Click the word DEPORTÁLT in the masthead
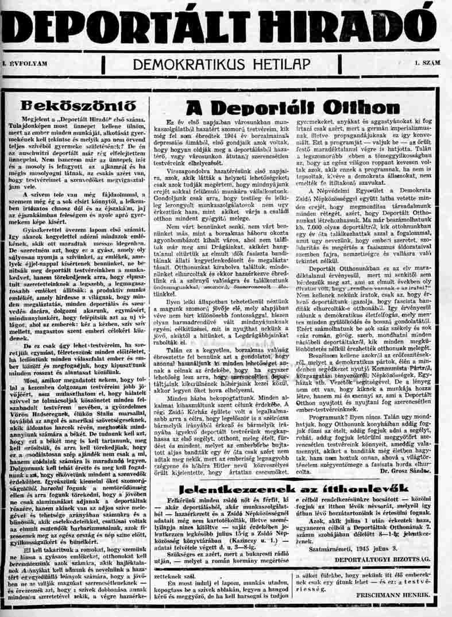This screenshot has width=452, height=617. (125, 25)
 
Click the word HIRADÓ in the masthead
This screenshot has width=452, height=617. (350, 25)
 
